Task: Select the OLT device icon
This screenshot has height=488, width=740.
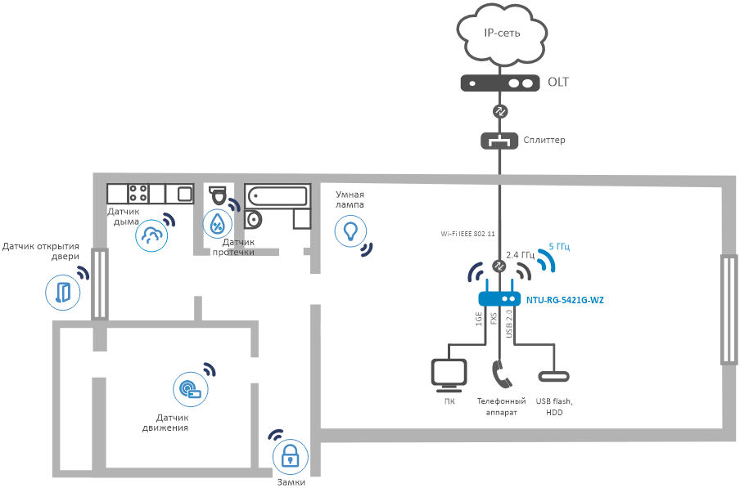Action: coord(499,83)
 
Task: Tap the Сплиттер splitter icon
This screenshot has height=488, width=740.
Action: coord(499,141)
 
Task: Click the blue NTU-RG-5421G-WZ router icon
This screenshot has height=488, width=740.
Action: coord(499,299)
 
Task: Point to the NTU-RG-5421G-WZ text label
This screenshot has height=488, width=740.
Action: coord(565,300)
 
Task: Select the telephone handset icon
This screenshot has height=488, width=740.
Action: coord(501,374)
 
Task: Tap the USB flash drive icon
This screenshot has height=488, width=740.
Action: coord(554,376)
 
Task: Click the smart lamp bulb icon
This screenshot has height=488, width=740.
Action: coord(350,231)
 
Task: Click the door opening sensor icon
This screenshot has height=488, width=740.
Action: coord(63,292)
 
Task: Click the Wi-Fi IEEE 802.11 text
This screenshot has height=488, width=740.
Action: coord(467,234)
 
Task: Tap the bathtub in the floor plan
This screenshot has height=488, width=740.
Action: coord(276,196)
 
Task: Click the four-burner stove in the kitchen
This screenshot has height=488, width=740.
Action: coord(138,194)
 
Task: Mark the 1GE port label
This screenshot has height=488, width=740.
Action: coord(479,320)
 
